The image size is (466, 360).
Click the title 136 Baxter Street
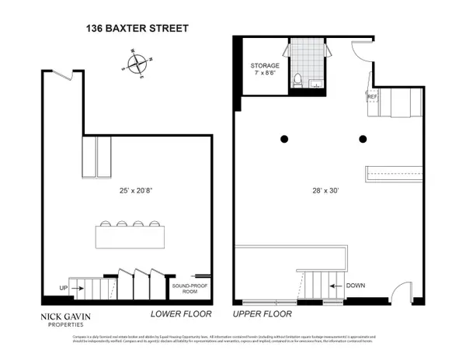(x=137, y=29)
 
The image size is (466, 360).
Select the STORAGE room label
(x=263, y=65)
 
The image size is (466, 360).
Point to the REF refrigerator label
(x=372, y=97)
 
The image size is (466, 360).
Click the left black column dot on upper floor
(x=284, y=140)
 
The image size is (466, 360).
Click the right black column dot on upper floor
(x=362, y=140)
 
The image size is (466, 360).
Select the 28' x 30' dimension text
(x=329, y=190)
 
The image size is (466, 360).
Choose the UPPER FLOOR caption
(x=263, y=314)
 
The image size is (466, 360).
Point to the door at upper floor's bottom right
(x=402, y=292)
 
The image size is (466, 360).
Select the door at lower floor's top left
(x=67, y=75)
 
